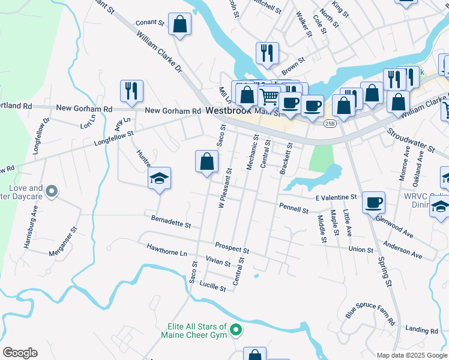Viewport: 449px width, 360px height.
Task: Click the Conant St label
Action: pyautogui.click(x=150, y=23)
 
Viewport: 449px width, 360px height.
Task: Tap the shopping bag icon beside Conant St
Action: pyautogui.click(x=179, y=25)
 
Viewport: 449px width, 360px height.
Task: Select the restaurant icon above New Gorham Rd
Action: pyautogui.click(x=131, y=91)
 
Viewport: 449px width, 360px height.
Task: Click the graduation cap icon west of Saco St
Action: pyautogui.click(x=159, y=178)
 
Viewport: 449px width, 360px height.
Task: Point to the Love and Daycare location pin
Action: pyautogui.click(x=52, y=191)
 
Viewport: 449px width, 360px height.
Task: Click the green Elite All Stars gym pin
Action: pyautogui.click(x=237, y=329)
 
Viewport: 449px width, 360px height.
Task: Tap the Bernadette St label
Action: pyautogui.click(x=171, y=221)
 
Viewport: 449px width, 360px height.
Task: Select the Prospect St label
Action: pyautogui.click(x=232, y=247)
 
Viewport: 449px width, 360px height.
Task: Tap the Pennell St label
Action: pyautogui.click(x=294, y=208)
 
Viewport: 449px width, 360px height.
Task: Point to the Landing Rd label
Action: pyautogui.click(x=421, y=329)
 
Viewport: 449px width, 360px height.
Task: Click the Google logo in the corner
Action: pyautogui.click(x=20, y=353)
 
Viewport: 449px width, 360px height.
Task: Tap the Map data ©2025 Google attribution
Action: pyautogui.click(x=412, y=355)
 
